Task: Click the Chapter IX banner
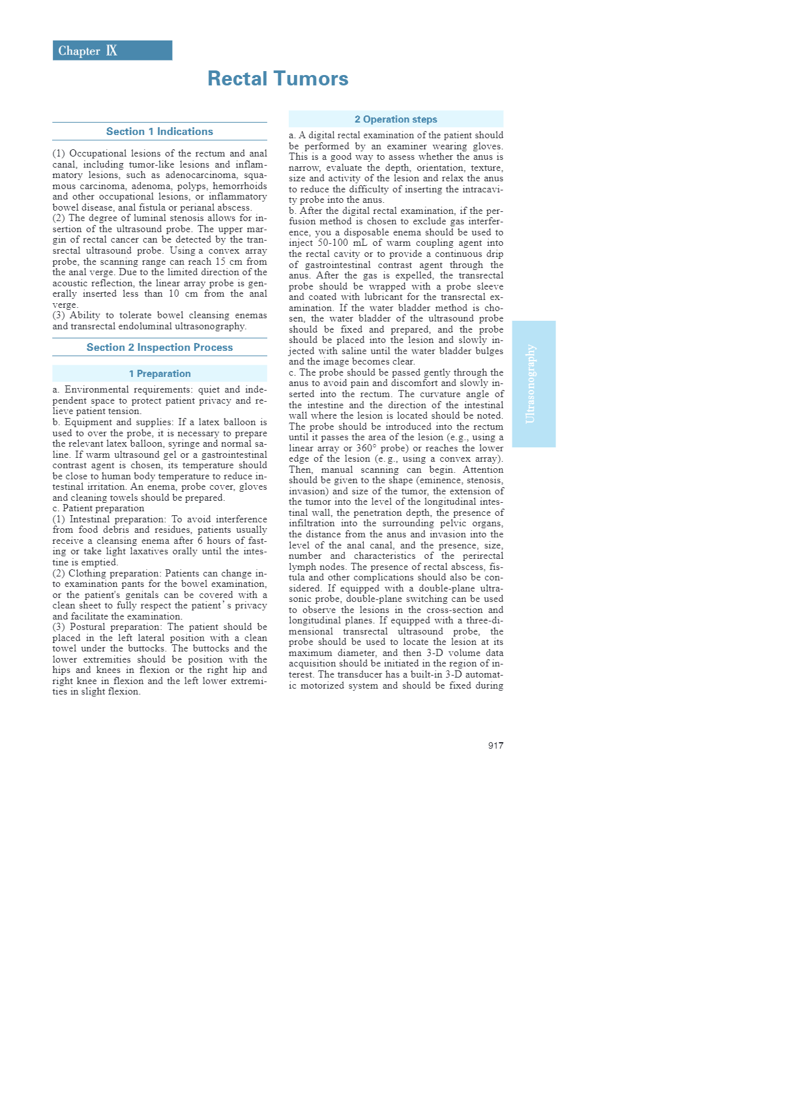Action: (x=112, y=51)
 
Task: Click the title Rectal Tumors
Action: (x=278, y=79)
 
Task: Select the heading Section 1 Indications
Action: (x=160, y=132)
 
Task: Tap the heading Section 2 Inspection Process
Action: (x=160, y=348)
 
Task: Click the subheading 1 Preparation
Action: (x=160, y=374)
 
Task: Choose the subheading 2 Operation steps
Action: (x=396, y=119)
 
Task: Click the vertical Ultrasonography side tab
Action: (x=533, y=383)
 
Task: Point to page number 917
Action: (x=495, y=745)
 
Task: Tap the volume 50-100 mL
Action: (x=342, y=243)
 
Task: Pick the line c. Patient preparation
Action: (x=98, y=509)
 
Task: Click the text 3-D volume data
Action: (x=464, y=653)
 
